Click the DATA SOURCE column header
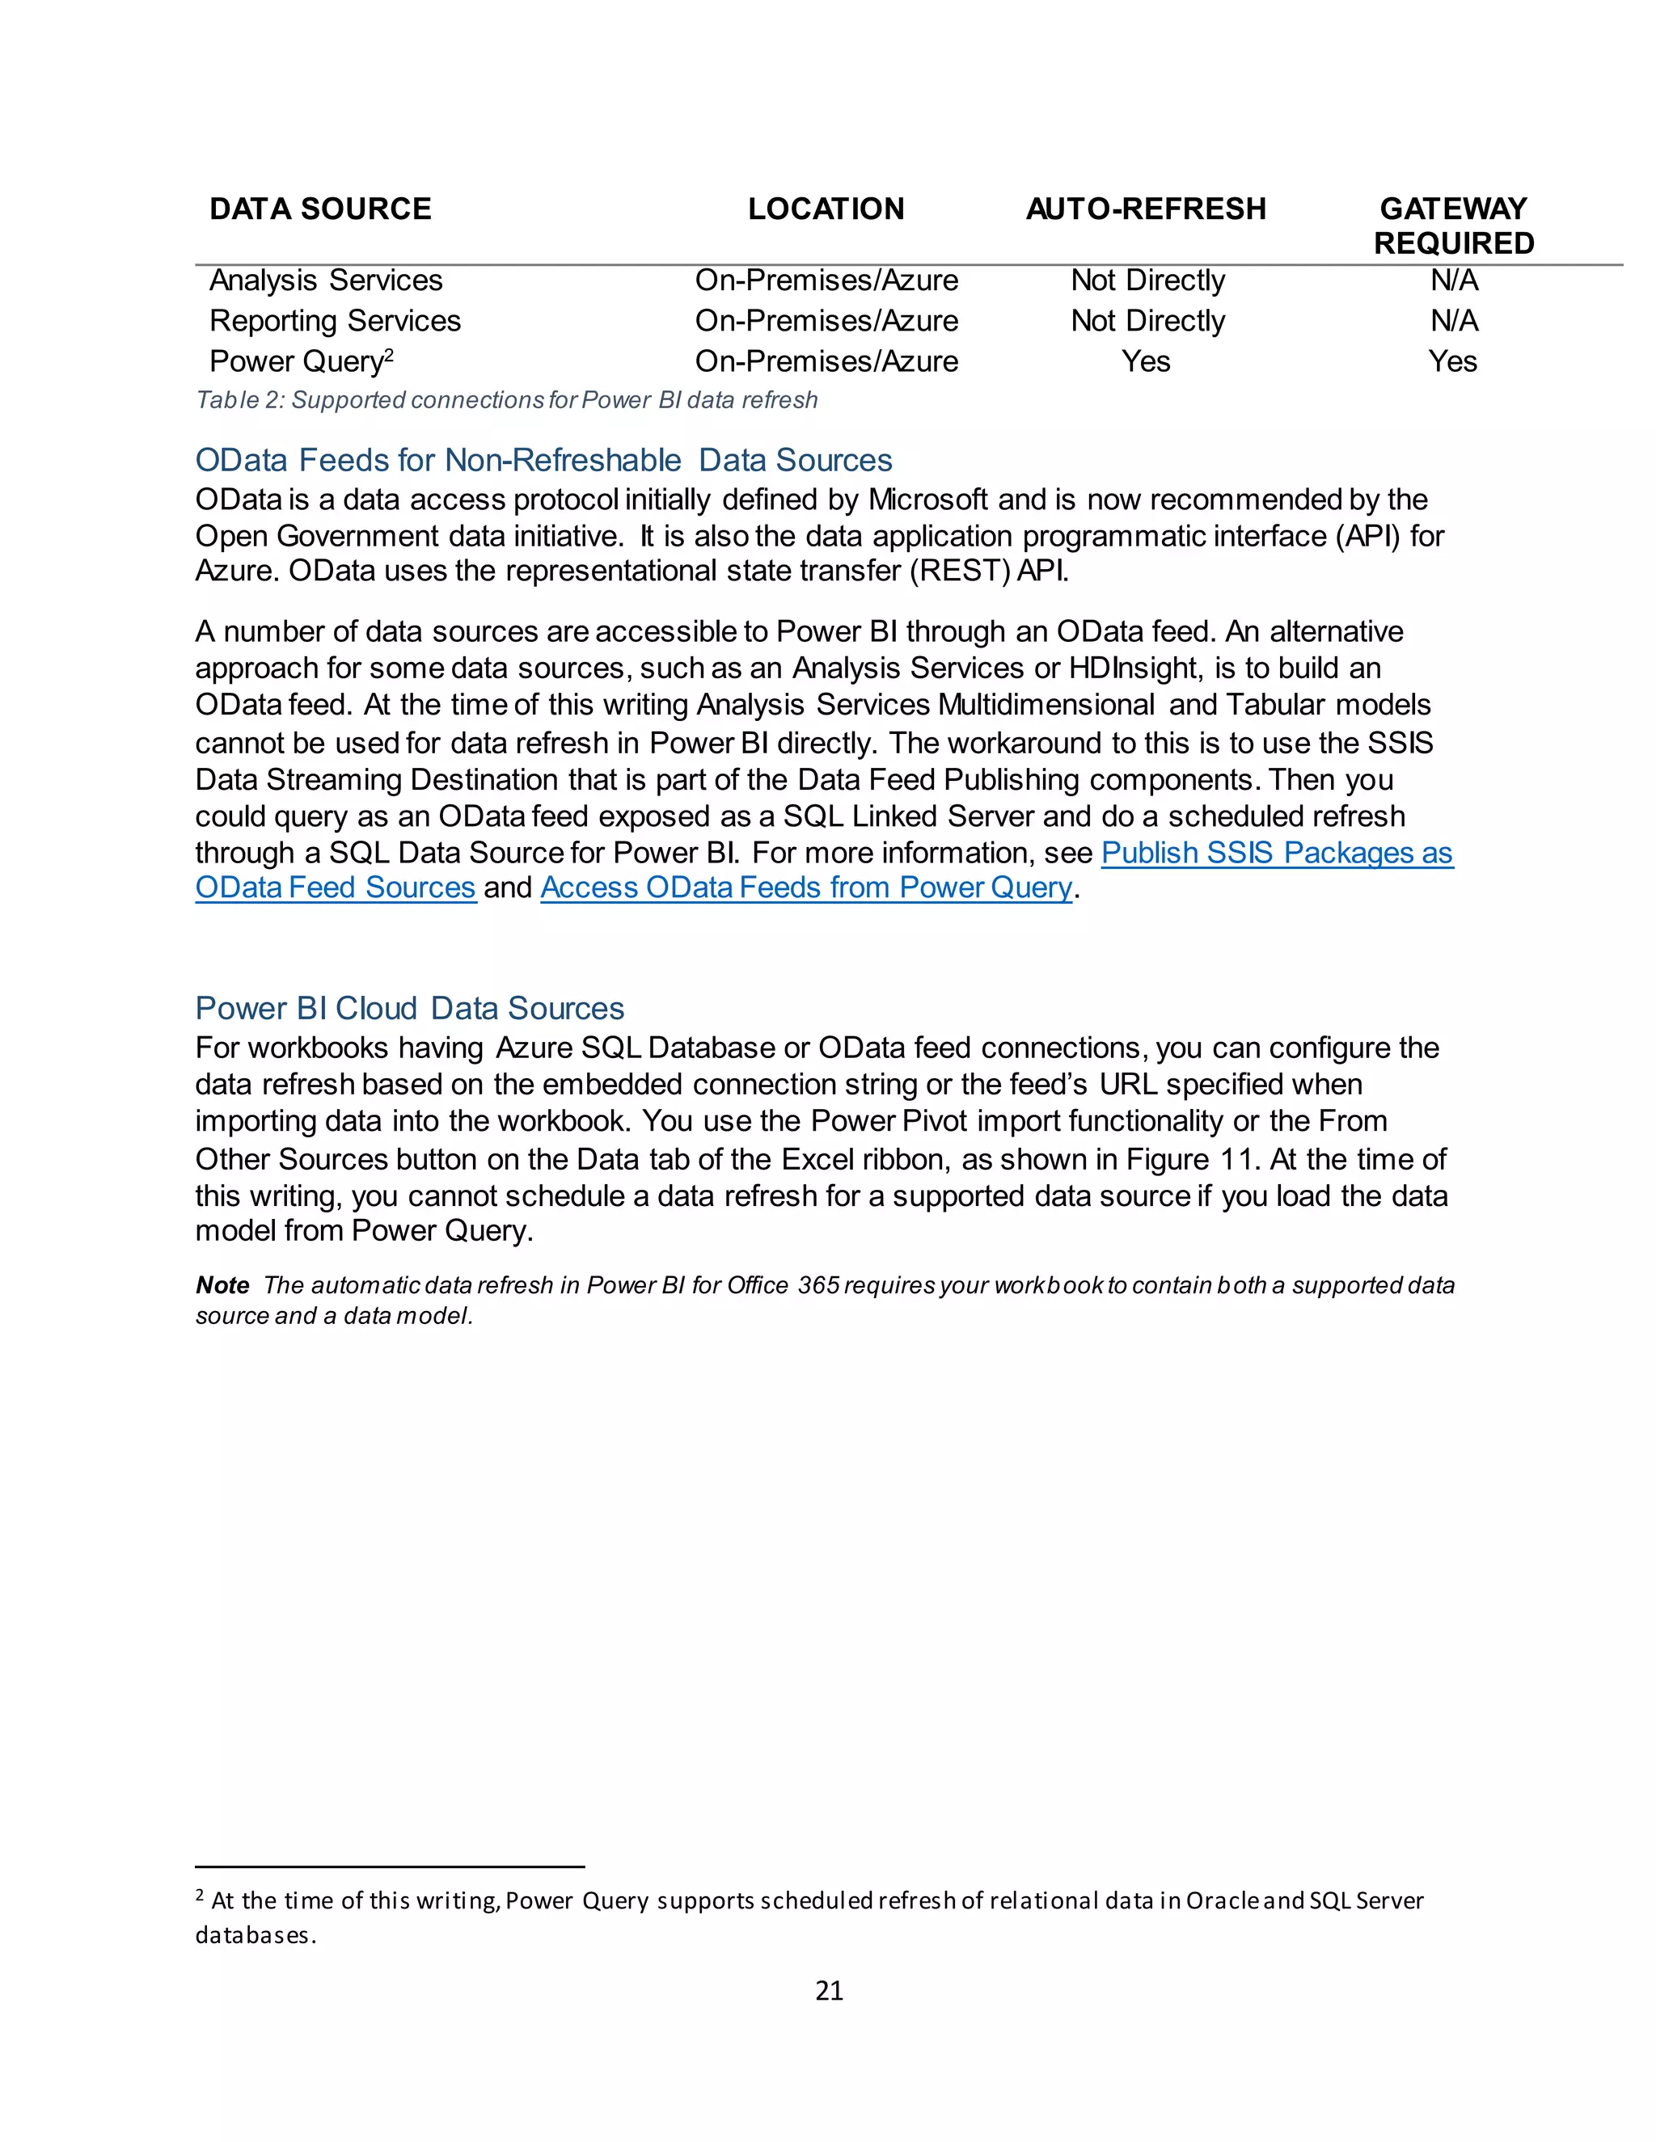(320, 209)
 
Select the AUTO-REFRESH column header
(1146, 209)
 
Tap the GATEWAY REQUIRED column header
(1453, 226)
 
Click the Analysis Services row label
(326, 280)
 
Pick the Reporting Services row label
(335, 321)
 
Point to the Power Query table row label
(296, 362)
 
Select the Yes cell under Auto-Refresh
(1146, 362)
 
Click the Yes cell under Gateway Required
(1453, 362)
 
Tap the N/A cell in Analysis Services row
(1454, 280)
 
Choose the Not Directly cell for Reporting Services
(1148, 321)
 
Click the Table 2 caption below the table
(506, 400)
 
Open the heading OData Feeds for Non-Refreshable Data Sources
(543, 460)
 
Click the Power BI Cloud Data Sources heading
(409, 1008)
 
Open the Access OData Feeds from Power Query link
(806, 888)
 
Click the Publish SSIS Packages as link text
(1276, 854)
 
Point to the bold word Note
(222, 1286)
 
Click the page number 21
(829, 1990)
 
